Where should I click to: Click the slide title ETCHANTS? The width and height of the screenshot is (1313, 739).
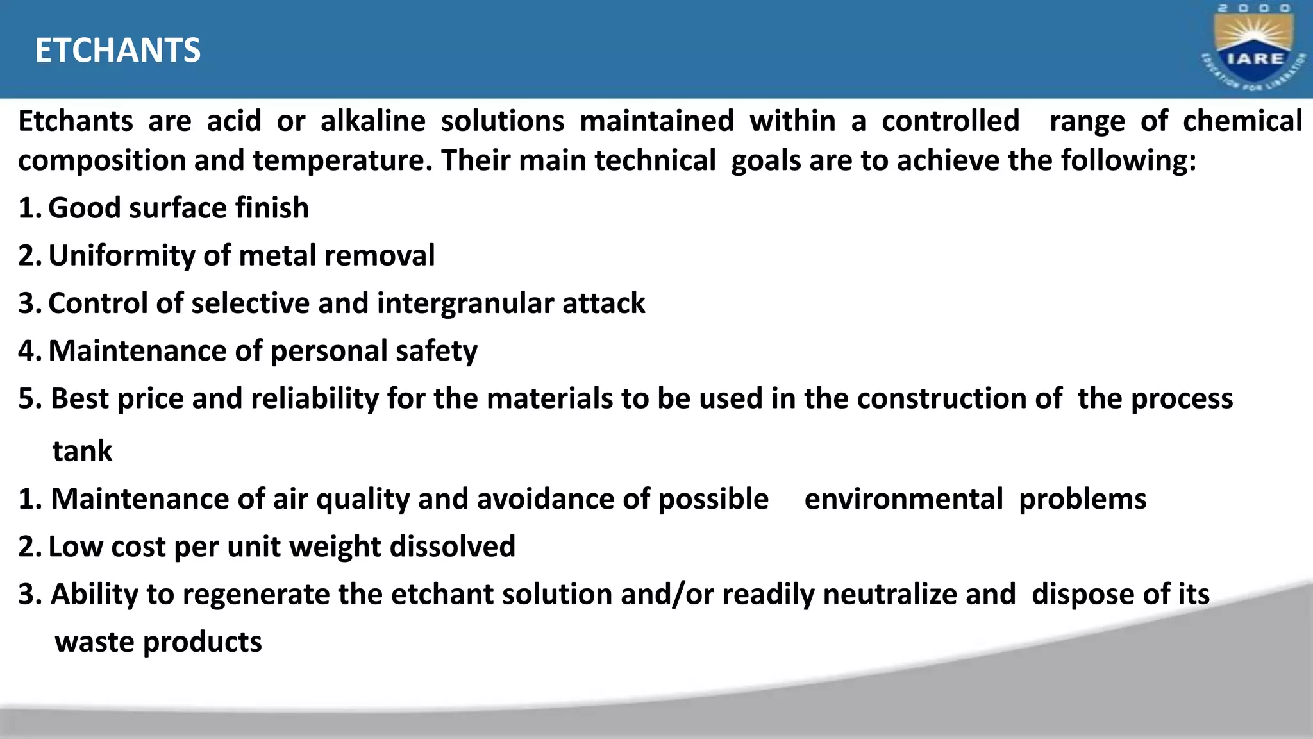pos(117,51)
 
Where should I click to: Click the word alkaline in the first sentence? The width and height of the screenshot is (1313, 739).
pos(372,121)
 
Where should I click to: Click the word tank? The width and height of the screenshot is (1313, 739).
pos(82,451)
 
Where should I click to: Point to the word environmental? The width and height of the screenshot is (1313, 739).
pos(903,499)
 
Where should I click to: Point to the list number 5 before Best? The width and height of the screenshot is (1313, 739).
pos(29,399)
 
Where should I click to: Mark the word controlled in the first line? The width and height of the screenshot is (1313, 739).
pos(950,121)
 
